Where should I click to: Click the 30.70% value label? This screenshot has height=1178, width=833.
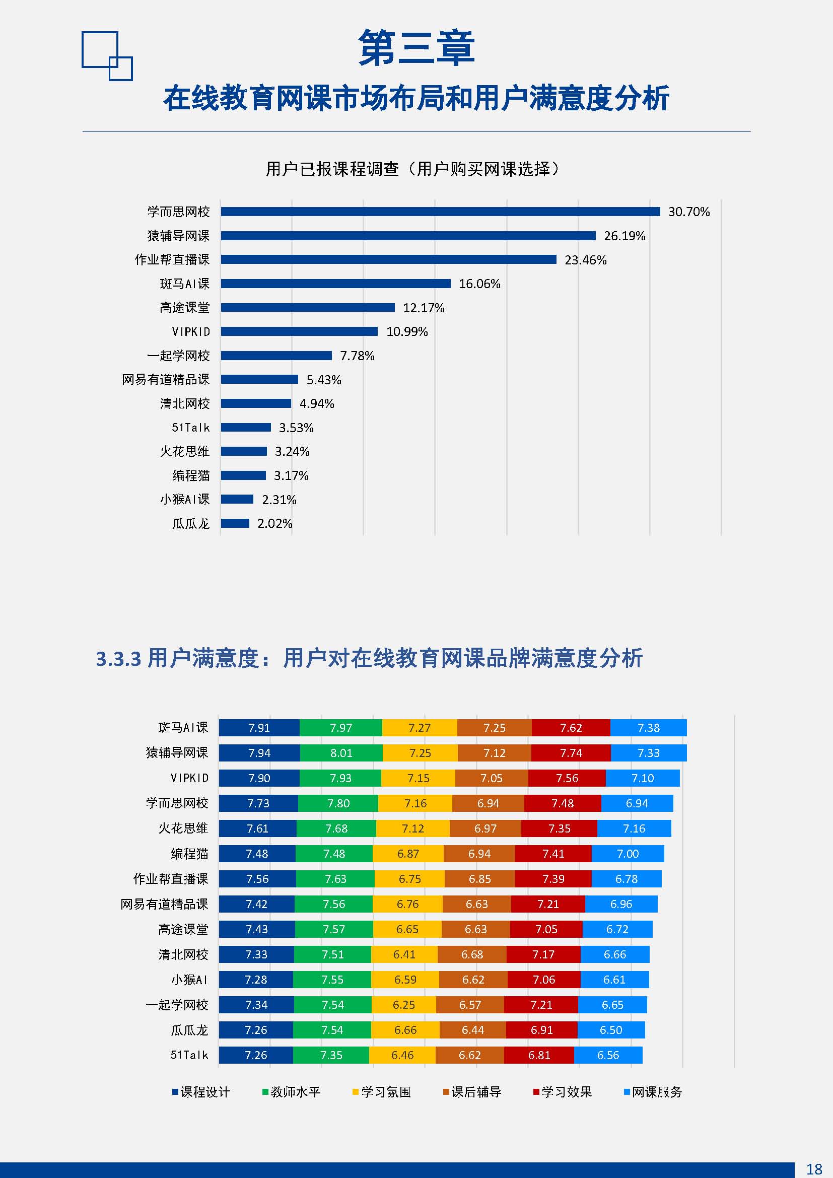(x=688, y=212)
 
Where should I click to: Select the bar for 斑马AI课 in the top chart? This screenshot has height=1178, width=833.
(x=335, y=284)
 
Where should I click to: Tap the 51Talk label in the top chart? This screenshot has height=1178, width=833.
(x=190, y=428)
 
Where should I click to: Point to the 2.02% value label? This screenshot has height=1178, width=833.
(x=274, y=523)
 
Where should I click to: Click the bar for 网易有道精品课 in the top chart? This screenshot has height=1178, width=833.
(x=259, y=380)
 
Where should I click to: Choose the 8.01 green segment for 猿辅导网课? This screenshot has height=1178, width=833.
(x=341, y=752)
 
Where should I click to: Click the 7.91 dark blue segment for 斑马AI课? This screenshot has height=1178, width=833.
(x=259, y=728)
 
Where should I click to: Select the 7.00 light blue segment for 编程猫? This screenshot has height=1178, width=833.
(x=628, y=853)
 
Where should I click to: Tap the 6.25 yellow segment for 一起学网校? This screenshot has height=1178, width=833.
(x=404, y=1005)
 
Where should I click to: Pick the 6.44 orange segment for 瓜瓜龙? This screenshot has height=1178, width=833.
(x=472, y=1030)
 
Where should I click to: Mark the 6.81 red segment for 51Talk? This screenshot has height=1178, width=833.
(x=539, y=1055)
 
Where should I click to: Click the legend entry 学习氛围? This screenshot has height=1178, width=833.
(x=382, y=1092)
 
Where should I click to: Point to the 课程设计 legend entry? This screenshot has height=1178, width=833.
(x=201, y=1092)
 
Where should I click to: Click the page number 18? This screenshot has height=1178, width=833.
(x=814, y=1169)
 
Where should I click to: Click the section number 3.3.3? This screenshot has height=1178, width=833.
(x=118, y=659)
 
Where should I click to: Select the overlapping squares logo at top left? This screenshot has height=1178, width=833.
(x=107, y=56)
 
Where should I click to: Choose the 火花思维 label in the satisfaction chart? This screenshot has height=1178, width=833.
(x=183, y=828)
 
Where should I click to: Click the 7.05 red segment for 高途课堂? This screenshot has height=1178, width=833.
(x=546, y=929)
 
